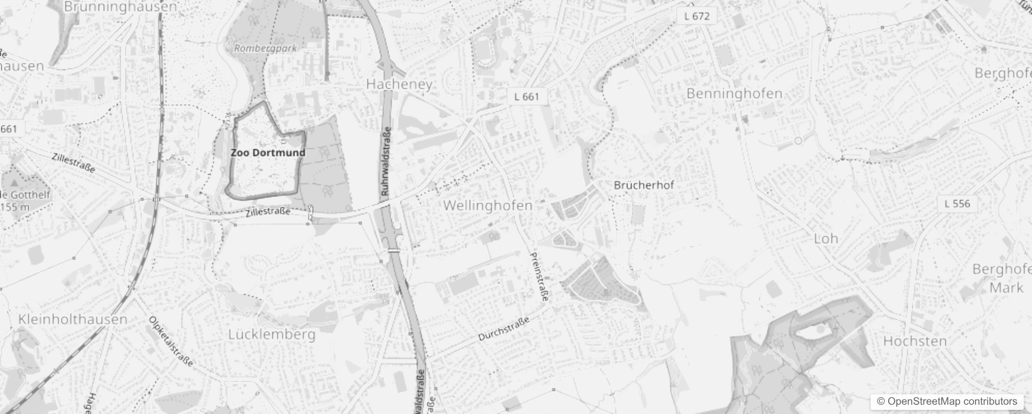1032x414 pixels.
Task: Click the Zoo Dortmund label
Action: pos(268,153)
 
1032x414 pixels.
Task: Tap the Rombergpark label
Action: pos(265,48)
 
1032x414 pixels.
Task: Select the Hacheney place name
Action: pos(399,84)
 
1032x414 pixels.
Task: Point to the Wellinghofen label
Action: pos(488,205)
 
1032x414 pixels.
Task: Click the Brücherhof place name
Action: pos(644,185)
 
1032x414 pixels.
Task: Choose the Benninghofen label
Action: pos(734,94)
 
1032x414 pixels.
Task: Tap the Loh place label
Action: pos(826,239)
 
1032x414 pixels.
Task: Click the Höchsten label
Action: pos(915,341)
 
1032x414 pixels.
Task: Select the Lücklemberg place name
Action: pos(271,334)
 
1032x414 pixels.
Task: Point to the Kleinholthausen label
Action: pos(73,319)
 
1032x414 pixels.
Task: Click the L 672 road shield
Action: pos(697,16)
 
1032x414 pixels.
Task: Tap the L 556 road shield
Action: pos(957,204)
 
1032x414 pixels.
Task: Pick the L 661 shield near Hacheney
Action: pos(526,97)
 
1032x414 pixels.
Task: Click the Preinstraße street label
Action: pos(539,277)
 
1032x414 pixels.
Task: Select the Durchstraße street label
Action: pos(504,329)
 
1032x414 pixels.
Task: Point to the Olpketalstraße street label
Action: pos(171,342)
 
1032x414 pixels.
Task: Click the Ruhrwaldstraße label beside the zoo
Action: pos(386,161)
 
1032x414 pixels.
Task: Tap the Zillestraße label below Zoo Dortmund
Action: pos(267,212)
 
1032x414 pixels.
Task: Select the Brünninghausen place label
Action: pos(120,7)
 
